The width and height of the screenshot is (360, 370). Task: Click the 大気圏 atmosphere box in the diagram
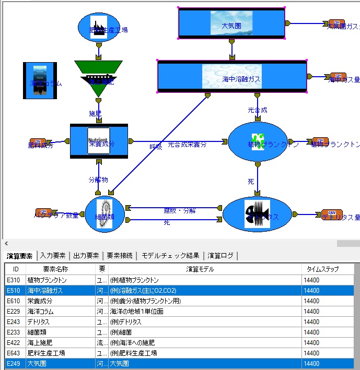[231, 23]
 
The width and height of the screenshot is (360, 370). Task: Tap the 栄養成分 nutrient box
[99, 141]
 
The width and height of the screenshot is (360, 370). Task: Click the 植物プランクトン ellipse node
[258, 142]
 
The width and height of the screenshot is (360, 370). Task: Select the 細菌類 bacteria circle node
[104, 214]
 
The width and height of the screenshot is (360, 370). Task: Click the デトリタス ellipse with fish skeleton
[257, 214]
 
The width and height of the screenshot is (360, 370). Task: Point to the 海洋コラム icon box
[40, 80]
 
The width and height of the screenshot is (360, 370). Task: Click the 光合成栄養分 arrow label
[187, 145]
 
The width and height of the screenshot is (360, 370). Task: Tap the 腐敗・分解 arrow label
[179, 211]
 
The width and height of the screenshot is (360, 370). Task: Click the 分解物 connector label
[98, 180]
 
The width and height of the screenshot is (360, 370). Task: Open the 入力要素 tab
[53, 256]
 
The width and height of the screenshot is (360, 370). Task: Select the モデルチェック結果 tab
[170, 256]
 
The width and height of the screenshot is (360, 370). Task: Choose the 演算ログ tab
[220, 256]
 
